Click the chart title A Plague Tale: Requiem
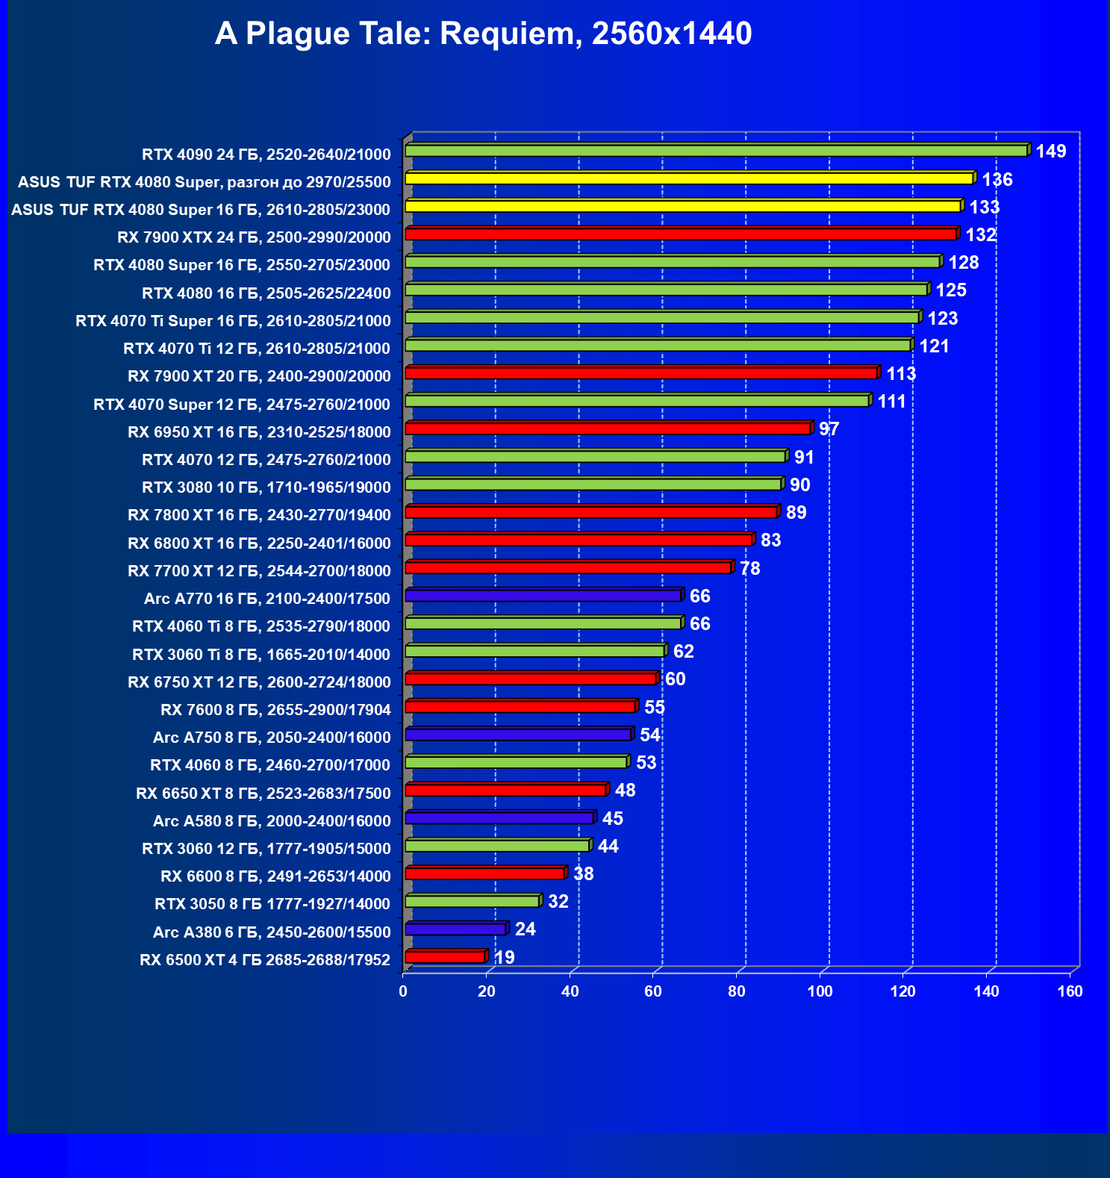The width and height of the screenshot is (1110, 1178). (483, 34)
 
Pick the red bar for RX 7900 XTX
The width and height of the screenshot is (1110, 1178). (680, 234)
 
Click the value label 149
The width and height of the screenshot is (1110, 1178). (1050, 152)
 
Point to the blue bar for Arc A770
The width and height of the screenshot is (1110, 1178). (543, 596)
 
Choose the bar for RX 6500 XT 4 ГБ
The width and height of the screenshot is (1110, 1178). (445, 957)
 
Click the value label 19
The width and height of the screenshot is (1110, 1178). (504, 957)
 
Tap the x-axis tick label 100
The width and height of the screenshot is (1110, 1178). (820, 991)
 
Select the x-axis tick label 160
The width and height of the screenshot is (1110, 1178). (1070, 991)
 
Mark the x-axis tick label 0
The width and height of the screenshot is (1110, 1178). (403, 991)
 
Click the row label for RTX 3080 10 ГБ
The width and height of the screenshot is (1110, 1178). (266, 487)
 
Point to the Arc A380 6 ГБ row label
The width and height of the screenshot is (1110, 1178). (271, 932)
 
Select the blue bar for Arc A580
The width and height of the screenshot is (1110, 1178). (499, 818)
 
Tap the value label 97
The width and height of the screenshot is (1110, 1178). (829, 429)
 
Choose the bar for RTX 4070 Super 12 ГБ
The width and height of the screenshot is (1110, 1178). (637, 402)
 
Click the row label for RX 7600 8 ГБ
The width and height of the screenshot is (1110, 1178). (275, 710)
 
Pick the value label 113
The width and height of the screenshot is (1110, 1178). (900, 374)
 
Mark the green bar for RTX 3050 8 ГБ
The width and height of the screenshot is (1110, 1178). (472, 902)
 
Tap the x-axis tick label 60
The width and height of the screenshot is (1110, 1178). (653, 991)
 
